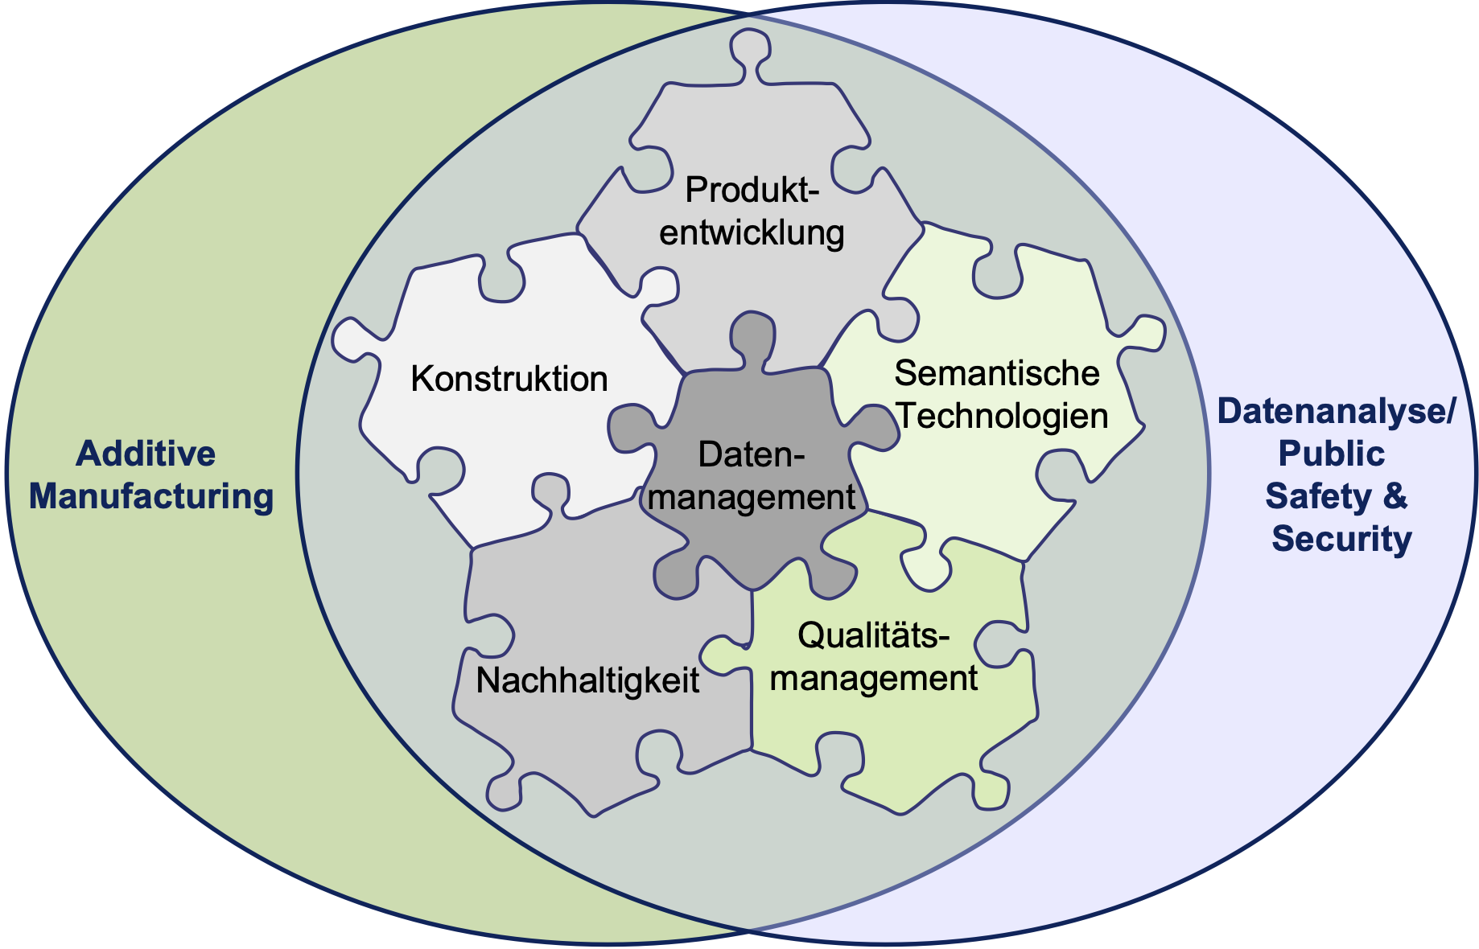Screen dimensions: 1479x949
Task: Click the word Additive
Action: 146,454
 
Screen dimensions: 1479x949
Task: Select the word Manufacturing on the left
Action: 151,496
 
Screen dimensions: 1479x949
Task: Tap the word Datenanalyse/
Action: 1337,411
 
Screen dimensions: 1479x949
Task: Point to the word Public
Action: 1332,454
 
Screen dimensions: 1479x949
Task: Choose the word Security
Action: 1341,539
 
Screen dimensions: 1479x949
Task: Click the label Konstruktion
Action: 509,379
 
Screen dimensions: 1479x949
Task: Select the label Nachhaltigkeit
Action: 587,681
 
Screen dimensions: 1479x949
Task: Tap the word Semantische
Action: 997,373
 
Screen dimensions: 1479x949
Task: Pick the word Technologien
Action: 1003,417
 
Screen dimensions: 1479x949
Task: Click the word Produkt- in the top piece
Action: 752,191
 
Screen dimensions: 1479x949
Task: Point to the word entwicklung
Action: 752,233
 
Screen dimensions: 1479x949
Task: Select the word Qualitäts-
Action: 874,636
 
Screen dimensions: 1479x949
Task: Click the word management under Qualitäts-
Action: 874,679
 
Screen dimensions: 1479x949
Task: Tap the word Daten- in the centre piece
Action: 751,455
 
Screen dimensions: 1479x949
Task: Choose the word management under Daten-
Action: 751,498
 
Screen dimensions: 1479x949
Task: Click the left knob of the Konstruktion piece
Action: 355,339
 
